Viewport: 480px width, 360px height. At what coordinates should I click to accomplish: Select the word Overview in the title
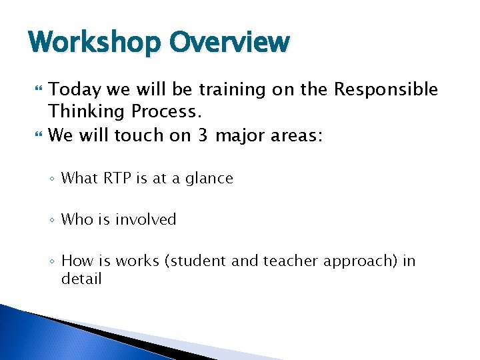point(229,43)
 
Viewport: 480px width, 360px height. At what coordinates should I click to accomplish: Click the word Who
point(75,219)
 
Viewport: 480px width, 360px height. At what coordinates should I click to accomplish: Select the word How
point(75,261)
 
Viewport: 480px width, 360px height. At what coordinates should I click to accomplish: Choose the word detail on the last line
point(81,279)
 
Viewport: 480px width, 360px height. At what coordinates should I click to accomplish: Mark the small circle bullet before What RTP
point(53,179)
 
